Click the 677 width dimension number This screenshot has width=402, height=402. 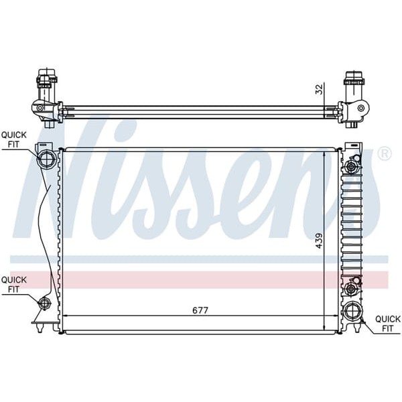[x=200, y=310]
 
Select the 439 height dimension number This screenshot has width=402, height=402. [x=319, y=239]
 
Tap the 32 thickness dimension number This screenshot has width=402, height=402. [x=319, y=89]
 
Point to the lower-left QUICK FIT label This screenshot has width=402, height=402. [x=14, y=284]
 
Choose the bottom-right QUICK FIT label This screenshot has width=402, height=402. [x=387, y=324]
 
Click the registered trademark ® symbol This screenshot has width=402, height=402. [x=384, y=154]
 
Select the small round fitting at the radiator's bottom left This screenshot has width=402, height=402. [x=45, y=304]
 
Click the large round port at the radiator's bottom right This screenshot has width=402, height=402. [x=352, y=312]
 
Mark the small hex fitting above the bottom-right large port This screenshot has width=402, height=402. [x=350, y=288]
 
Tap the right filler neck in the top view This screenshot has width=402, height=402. [x=353, y=82]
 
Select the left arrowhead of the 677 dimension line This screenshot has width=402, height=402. [x=65, y=317]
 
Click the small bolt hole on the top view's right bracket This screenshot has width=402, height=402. [x=362, y=108]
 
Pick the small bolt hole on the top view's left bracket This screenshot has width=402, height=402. [x=40, y=108]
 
